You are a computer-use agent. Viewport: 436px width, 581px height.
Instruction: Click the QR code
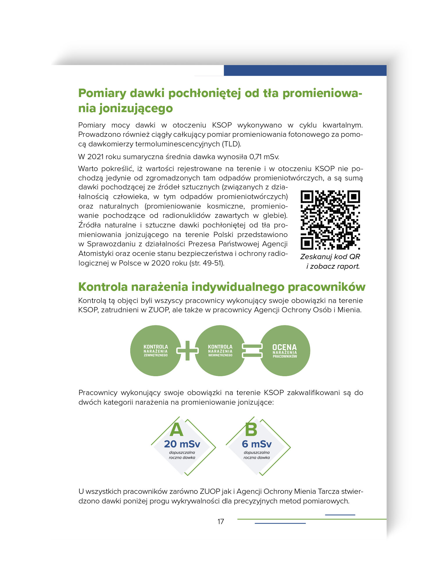pyautogui.click(x=330, y=220)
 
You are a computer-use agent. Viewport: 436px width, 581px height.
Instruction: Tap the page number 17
pyautogui.click(x=221, y=521)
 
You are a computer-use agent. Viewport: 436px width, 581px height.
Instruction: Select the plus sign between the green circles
pyautogui.click(x=187, y=351)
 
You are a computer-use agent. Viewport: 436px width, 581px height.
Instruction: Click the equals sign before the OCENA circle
pyautogui.click(x=252, y=351)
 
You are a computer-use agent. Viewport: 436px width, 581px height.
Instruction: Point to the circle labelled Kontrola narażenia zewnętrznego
pyautogui.click(x=156, y=351)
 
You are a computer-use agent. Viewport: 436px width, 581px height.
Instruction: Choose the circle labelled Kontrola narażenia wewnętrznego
pyautogui.click(x=220, y=351)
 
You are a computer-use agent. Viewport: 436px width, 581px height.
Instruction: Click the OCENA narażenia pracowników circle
pyautogui.click(x=285, y=351)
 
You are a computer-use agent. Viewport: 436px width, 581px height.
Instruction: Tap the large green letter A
pyautogui.click(x=177, y=430)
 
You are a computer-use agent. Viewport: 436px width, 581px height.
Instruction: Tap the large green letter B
pyautogui.click(x=251, y=430)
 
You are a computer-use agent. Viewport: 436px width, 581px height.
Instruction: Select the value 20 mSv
pyautogui.click(x=182, y=444)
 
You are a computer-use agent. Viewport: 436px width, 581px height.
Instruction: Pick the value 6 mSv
pyautogui.click(x=257, y=444)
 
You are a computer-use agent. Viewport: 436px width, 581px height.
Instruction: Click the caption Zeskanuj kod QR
pyautogui.click(x=330, y=257)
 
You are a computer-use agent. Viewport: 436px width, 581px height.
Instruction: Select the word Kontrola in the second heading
pyautogui.click(x=103, y=287)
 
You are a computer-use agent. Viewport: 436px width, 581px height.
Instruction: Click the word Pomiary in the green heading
pyautogui.click(x=102, y=94)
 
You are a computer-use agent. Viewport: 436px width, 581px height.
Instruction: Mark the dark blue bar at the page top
pyautogui.click(x=305, y=71)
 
